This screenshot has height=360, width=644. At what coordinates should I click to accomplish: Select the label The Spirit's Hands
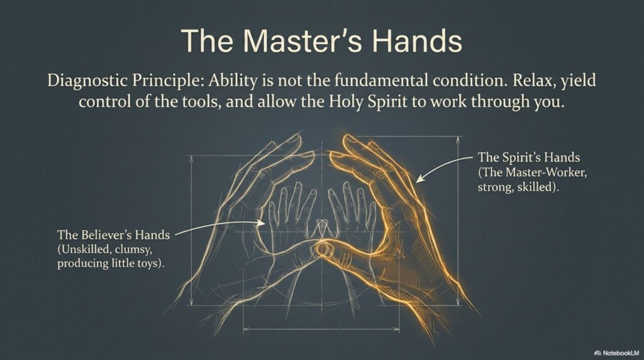pyautogui.click(x=528, y=157)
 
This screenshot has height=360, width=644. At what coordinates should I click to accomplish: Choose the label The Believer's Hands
pyautogui.click(x=113, y=235)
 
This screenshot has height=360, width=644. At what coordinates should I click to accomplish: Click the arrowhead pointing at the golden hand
pyautogui.click(x=420, y=178)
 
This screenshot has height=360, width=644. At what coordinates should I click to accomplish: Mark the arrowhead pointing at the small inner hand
pyautogui.click(x=260, y=223)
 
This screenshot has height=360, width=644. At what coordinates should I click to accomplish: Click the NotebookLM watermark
pyautogui.click(x=617, y=353)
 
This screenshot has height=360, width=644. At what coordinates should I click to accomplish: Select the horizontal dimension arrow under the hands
pyautogui.click(x=321, y=329)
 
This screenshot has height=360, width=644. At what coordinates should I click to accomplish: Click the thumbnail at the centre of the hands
pyautogui.click(x=323, y=248)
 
